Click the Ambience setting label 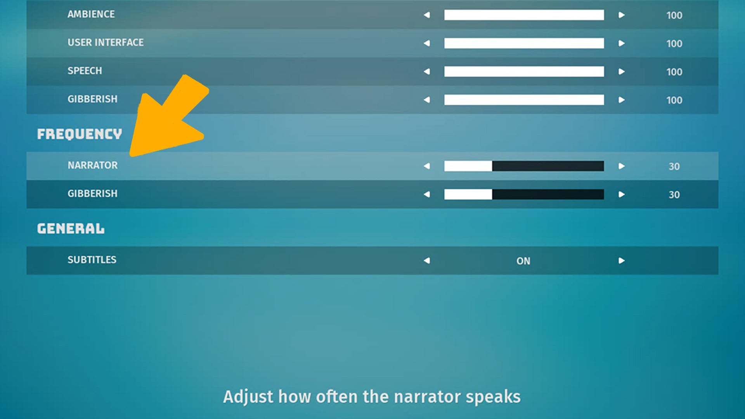pyautogui.click(x=91, y=14)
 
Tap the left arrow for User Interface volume pyautogui.click(x=427, y=43)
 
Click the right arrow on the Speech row pyautogui.click(x=621, y=71)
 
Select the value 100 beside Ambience pyautogui.click(x=674, y=16)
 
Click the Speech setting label pyautogui.click(x=85, y=71)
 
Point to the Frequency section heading pyautogui.click(x=80, y=134)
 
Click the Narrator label pyautogui.click(x=92, y=165)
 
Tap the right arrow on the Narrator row pyautogui.click(x=621, y=166)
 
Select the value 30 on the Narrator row pyautogui.click(x=674, y=166)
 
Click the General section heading pyautogui.click(x=71, y=229)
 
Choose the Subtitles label pyautogui.click(x=92, y=260)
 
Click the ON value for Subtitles pyautogui.click(x=523, y=261)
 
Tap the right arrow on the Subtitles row pyautogui.click(x=621, y=261)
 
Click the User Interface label pyautogui.click(x=106, y=43)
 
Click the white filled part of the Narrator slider pyautogui.click(x=468, y=166)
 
